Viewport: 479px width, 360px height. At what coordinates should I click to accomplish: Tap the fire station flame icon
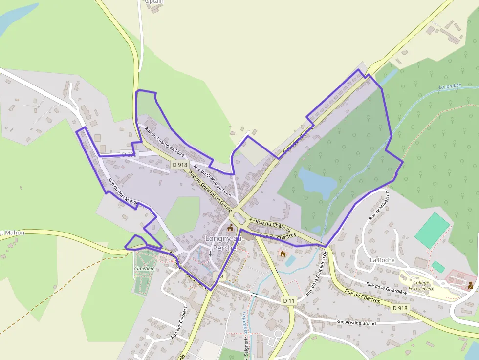point(282,254)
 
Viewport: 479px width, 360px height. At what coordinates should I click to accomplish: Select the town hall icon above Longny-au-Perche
point(230,228)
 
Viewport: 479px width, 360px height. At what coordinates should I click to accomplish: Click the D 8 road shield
point(219,276)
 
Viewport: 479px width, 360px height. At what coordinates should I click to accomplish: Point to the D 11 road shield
point(289,301)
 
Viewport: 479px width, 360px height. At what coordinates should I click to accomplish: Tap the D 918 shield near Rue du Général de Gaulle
point(180,165)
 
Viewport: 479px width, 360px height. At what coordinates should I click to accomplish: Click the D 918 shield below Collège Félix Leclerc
point(400,308)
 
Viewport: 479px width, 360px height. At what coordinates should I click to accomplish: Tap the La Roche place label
point(382,260)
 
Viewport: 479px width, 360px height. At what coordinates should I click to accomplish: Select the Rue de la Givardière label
point(387,288)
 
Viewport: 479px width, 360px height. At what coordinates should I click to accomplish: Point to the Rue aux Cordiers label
point(179,322)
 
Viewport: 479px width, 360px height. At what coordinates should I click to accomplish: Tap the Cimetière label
point(144,269)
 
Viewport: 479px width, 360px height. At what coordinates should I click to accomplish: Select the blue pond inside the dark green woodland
point(317,181)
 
